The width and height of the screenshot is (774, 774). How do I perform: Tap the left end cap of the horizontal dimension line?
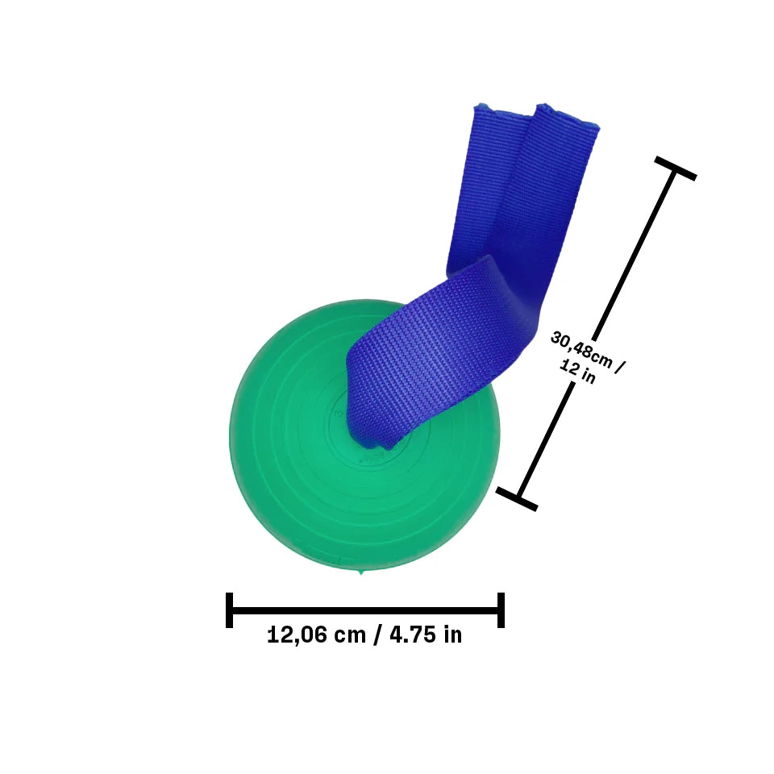(230, 610)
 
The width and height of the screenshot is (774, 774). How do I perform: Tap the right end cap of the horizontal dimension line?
(501, 610)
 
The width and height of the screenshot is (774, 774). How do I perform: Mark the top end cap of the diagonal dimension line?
(675, 169)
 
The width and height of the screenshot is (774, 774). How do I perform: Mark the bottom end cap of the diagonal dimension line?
(517, 498)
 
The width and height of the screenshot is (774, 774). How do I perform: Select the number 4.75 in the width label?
(414, 635)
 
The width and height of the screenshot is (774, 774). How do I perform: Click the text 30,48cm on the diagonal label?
(579, 349)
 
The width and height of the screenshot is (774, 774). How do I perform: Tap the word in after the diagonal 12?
(589, 377)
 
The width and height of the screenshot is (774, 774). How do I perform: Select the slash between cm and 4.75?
(377, 635)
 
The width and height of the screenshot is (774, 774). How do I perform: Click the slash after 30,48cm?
(620, 368)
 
